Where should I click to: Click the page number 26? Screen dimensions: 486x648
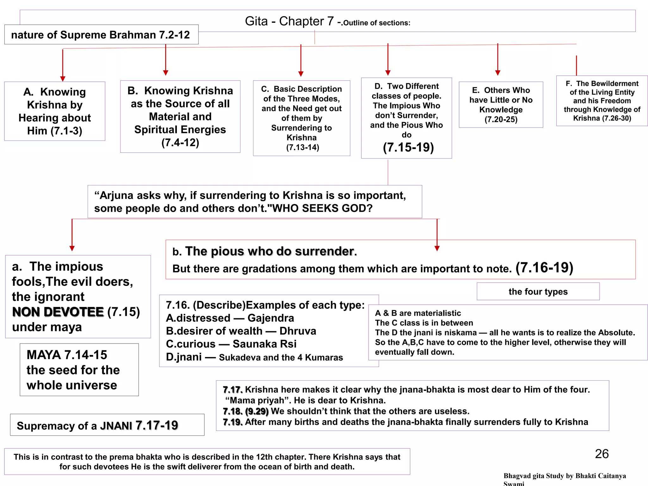pos(601,454)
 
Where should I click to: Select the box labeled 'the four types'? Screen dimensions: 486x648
pos(538,291)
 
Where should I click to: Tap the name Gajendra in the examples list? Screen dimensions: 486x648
pos(271,318)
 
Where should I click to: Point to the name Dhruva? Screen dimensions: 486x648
pos(298,331)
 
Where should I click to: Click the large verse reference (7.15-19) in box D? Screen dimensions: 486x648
pos(408,147)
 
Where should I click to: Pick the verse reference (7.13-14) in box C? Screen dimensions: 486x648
pos(302,147)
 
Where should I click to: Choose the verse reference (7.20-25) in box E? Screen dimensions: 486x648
pos(501,120)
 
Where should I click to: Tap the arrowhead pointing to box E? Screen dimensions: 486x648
pos(498,73)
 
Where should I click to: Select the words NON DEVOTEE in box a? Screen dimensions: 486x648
pos(58,312)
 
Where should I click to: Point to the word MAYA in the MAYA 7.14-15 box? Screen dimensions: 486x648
pos(44,355)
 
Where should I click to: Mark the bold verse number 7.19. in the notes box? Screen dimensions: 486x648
pos(233,422)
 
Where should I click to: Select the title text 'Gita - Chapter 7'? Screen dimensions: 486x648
pos(289,22)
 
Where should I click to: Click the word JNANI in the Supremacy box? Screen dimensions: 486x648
pos(116,426)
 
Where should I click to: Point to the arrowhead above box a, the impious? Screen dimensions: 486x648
pos(72,248)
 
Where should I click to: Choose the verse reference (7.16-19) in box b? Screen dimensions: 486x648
pos(544,268)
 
